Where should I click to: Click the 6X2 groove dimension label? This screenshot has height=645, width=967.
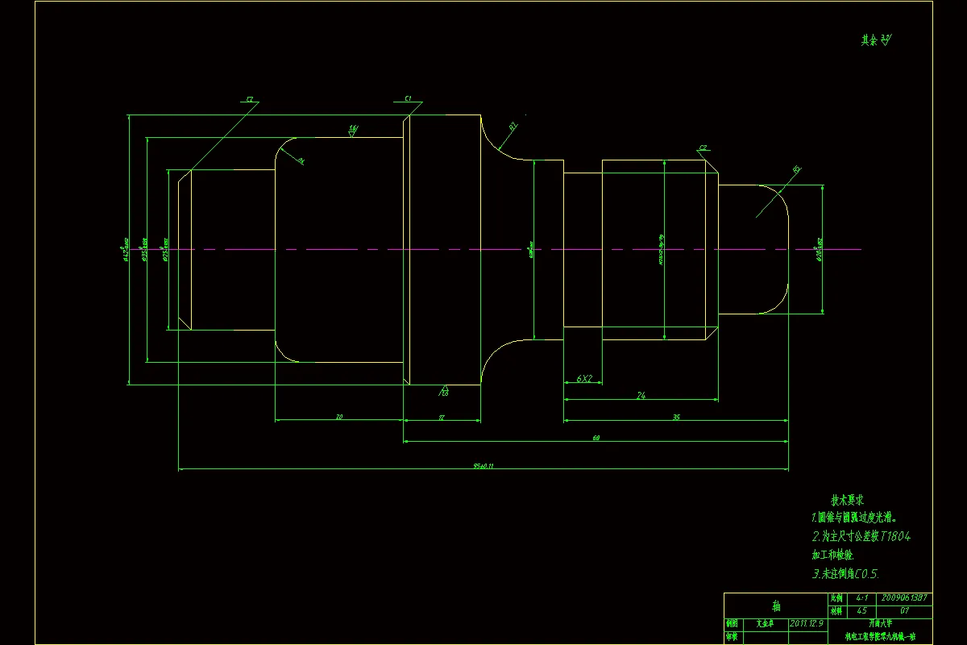click(584, 378)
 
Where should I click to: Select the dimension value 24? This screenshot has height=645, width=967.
click(641, 395)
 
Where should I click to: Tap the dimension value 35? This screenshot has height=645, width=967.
click(676, 417)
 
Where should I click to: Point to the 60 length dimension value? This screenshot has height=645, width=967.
click(596, 438)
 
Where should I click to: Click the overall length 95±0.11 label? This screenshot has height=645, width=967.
click(483, 465)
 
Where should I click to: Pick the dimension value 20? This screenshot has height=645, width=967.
click(339, 417)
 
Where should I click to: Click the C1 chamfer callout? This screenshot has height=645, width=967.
click(409, 98)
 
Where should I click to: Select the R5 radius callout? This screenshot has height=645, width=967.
click(797, 169)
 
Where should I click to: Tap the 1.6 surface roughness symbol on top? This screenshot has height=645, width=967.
click(353, 128)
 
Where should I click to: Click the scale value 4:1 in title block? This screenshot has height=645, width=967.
click(861, 598)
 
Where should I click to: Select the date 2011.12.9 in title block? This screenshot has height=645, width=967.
click(807, 622)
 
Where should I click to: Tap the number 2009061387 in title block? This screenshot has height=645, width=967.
click(906, 598)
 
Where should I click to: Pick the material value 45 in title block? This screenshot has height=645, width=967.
click(861, 610)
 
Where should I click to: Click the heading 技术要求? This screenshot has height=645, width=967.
click(849, 500)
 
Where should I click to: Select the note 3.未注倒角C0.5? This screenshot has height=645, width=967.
click(845, 574)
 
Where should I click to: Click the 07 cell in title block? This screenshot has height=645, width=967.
click(906, 610)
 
